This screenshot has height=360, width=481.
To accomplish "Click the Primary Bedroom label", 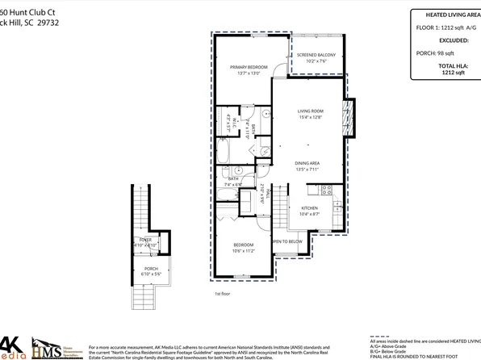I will [249, 67].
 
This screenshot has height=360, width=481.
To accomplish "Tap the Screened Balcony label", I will [316, 55].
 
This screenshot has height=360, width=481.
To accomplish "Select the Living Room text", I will [310, 111].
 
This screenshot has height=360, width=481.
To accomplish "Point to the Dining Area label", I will [309, 164].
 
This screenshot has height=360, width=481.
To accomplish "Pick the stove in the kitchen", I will [327, 190].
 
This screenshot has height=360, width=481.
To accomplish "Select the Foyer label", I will [145, 240].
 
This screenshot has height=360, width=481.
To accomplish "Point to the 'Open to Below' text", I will [287, 241].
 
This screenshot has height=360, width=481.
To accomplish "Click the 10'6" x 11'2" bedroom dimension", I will [245, 251].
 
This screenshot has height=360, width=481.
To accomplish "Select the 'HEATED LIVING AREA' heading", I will [448, 14].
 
